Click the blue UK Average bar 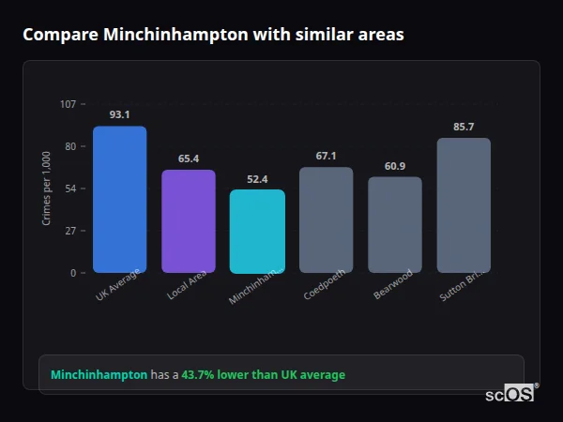pos(119,199)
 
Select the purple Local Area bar pos(189,221)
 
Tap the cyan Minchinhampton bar pos(257,232)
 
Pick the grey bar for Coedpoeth pos(326,219)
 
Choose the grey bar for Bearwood pos(395,225)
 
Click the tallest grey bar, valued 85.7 pos(464,205)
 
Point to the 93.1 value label pos(119,114)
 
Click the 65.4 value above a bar pos(189,158)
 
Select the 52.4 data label pos(257,179)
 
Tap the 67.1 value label pos(326,156)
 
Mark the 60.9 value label pos(395,166)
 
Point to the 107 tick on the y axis pos(68,104)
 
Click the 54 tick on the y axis pos(70,188)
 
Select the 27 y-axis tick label pos(70,231)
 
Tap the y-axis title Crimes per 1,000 pos(47,188)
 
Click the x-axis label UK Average pos(117,285)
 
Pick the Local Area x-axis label pos(188,285)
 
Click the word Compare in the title pos(59,35)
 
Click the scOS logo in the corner pos(510,395)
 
